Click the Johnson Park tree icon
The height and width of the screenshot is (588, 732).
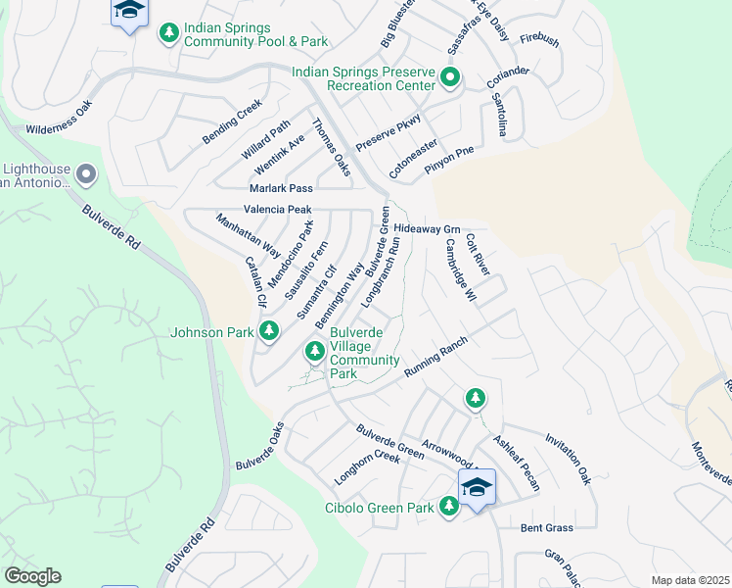[268, 331]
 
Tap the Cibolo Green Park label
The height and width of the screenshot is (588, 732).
[378, 508]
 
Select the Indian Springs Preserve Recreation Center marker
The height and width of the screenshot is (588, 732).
[450, 77]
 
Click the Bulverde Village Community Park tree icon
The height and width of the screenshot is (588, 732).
[314, 350]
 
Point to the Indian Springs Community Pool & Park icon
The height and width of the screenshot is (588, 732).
[169, 33]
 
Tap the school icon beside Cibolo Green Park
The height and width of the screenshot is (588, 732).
[477, 486]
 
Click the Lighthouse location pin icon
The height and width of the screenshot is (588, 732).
[86, 175]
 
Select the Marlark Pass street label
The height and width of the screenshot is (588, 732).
[280, 187]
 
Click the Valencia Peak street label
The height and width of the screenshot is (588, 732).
[277, 210]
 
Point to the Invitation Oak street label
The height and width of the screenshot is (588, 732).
[569, 459]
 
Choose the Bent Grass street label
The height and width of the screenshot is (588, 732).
[546, 528]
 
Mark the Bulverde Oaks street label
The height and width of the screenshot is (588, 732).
[259, 445]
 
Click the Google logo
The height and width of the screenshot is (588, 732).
[32, 576]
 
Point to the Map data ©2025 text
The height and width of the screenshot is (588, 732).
[690, 580]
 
